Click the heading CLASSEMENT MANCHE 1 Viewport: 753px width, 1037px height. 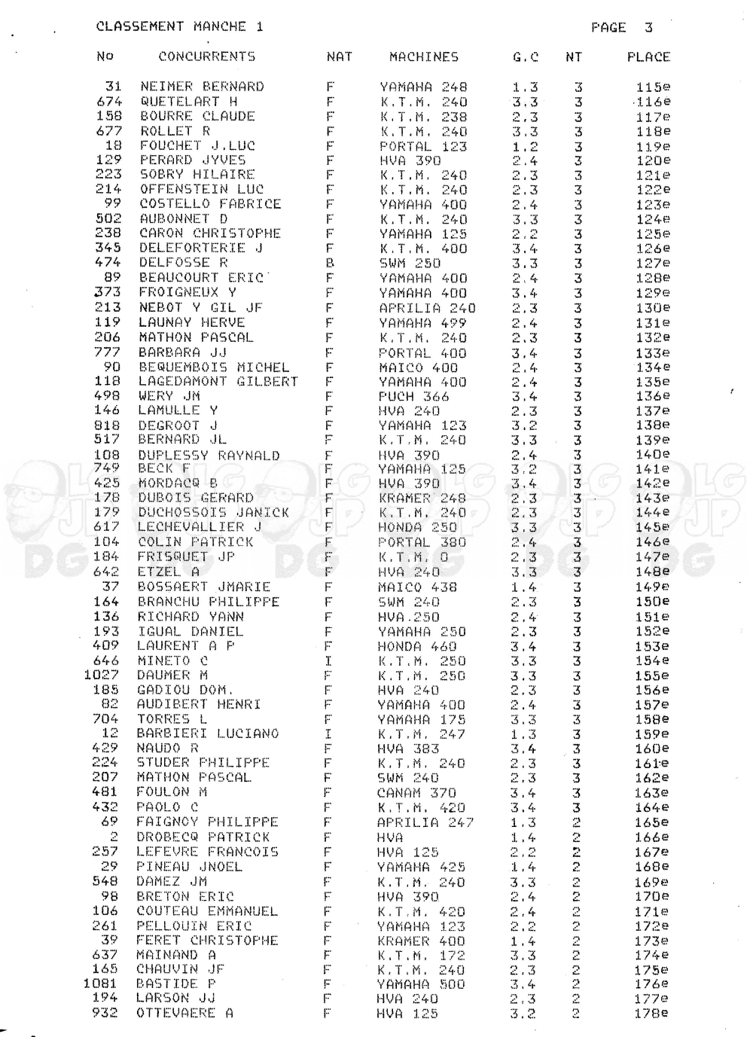tap(180, 26)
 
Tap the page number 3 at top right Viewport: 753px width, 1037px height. tap(648, 28)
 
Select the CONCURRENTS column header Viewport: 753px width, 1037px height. tap(207, 56)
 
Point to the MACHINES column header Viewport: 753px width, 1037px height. tap(424, 56)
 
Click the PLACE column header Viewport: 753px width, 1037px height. tap(648, 56)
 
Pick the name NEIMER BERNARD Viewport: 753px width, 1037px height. tap(202, 87)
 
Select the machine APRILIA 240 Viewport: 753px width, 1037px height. tap(427, 307)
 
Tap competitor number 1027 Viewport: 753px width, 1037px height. tap(101, 675)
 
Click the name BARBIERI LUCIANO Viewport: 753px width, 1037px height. tap(207, 734)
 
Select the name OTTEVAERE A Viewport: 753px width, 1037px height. tap(184, 1014)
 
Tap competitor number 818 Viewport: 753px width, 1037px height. tap(106, 425)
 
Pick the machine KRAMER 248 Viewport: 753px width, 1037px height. tap(422, 499)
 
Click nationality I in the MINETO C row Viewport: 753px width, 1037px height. tap(328, 660)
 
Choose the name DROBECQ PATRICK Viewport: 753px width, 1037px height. tap(203, 837)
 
